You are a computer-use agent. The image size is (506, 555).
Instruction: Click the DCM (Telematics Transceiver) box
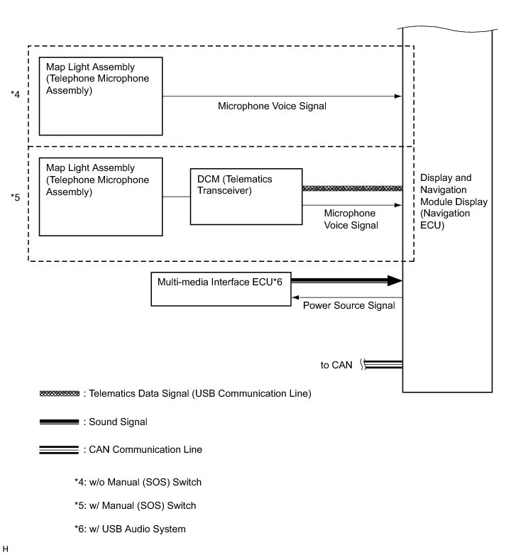(245, 197)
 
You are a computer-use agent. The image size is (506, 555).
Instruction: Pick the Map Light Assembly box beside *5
(101, 197)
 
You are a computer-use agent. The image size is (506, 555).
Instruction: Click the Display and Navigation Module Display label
(453, 202)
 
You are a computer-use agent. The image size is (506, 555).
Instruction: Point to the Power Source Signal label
(348, 306)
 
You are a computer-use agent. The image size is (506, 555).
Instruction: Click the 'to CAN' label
(337, 365)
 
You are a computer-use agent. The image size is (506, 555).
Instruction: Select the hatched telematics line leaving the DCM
(352, 188)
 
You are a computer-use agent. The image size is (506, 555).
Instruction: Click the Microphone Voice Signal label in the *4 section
(272, 106)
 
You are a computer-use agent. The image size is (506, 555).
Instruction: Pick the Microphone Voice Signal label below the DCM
(350, 219)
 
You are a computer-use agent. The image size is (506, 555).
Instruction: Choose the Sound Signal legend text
(118, 422)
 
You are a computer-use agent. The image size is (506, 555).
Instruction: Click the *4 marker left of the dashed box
(15, 94)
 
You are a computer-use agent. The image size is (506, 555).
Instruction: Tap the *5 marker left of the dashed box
(15, 197)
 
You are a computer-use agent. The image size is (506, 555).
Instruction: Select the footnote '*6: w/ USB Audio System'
(130, 529)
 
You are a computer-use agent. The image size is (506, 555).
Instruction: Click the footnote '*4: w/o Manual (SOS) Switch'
(138, 482)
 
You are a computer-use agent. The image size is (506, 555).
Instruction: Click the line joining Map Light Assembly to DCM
(176, 197)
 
